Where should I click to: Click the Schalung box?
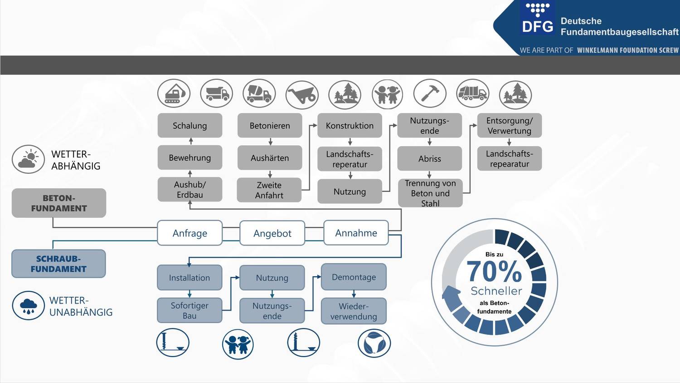(x=190, y=126)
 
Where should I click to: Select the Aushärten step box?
(x=270, y=158)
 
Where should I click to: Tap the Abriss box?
(x=430, y=158)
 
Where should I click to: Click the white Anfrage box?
(x=190, y=233)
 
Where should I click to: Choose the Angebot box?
(x=272, y=233)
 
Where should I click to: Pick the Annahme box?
(x=356, y=233)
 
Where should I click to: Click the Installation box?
(x=189, y=278)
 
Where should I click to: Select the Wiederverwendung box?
(x=354, y=311)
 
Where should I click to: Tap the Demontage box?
(x=354, y=277)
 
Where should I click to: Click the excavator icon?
(x=174, y=93)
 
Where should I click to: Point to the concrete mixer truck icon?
(x=259, y=93)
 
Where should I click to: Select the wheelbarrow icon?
(x=302, y=95)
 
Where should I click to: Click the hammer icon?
(x=430, y=93)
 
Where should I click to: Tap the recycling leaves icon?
(x=374, y=344)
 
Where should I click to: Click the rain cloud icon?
(x=29, y=305)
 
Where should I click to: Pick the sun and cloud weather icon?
(x=28, y=159)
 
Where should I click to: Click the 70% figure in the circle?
(x=494, y=271)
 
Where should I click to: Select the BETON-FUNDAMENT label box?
(x=59, y=203)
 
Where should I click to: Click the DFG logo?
(x=538, y=18)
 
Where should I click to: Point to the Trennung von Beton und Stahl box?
(x=430, y=193)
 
